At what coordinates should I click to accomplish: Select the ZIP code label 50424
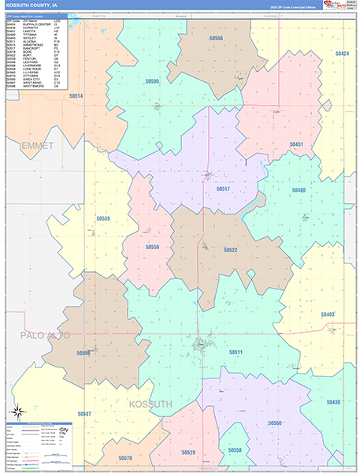[341, 54]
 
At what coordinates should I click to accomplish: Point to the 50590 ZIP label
[152, 81]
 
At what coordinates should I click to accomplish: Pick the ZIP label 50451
[296, 144]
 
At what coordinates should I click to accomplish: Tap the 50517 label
[223, 189]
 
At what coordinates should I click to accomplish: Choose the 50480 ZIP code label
[299, 190]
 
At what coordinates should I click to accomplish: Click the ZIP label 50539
[103, 218]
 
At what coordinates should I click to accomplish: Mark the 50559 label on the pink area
[152, 247]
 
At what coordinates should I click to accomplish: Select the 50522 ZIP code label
[230, 250]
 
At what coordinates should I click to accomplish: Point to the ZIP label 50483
[328, 314]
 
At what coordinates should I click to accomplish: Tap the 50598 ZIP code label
[84, 353]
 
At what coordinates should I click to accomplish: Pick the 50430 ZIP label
[333, 402]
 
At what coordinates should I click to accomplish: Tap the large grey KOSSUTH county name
[150, 404]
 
